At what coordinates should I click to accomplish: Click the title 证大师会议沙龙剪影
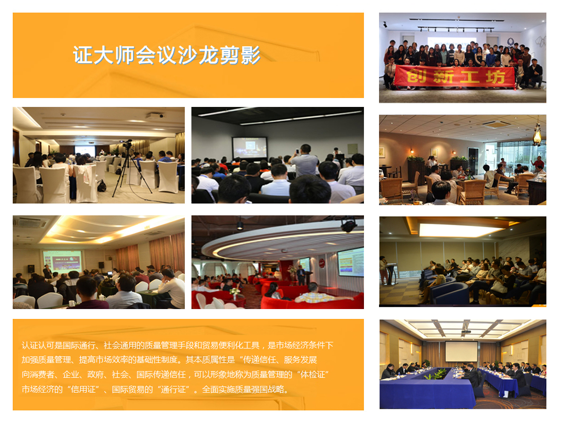pos(166,55)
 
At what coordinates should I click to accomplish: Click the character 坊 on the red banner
pos(495,77)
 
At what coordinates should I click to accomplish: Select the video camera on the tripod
pos(126,144)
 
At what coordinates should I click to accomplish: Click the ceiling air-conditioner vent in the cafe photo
pos(496,124)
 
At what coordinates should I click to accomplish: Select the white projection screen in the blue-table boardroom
pos(461,351)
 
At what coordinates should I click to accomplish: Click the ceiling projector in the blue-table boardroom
pos(466,331)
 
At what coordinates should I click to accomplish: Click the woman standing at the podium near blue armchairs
pos(384,270)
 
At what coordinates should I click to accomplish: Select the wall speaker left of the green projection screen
pos(31,269)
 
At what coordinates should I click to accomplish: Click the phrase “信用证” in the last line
pos(84,389)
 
